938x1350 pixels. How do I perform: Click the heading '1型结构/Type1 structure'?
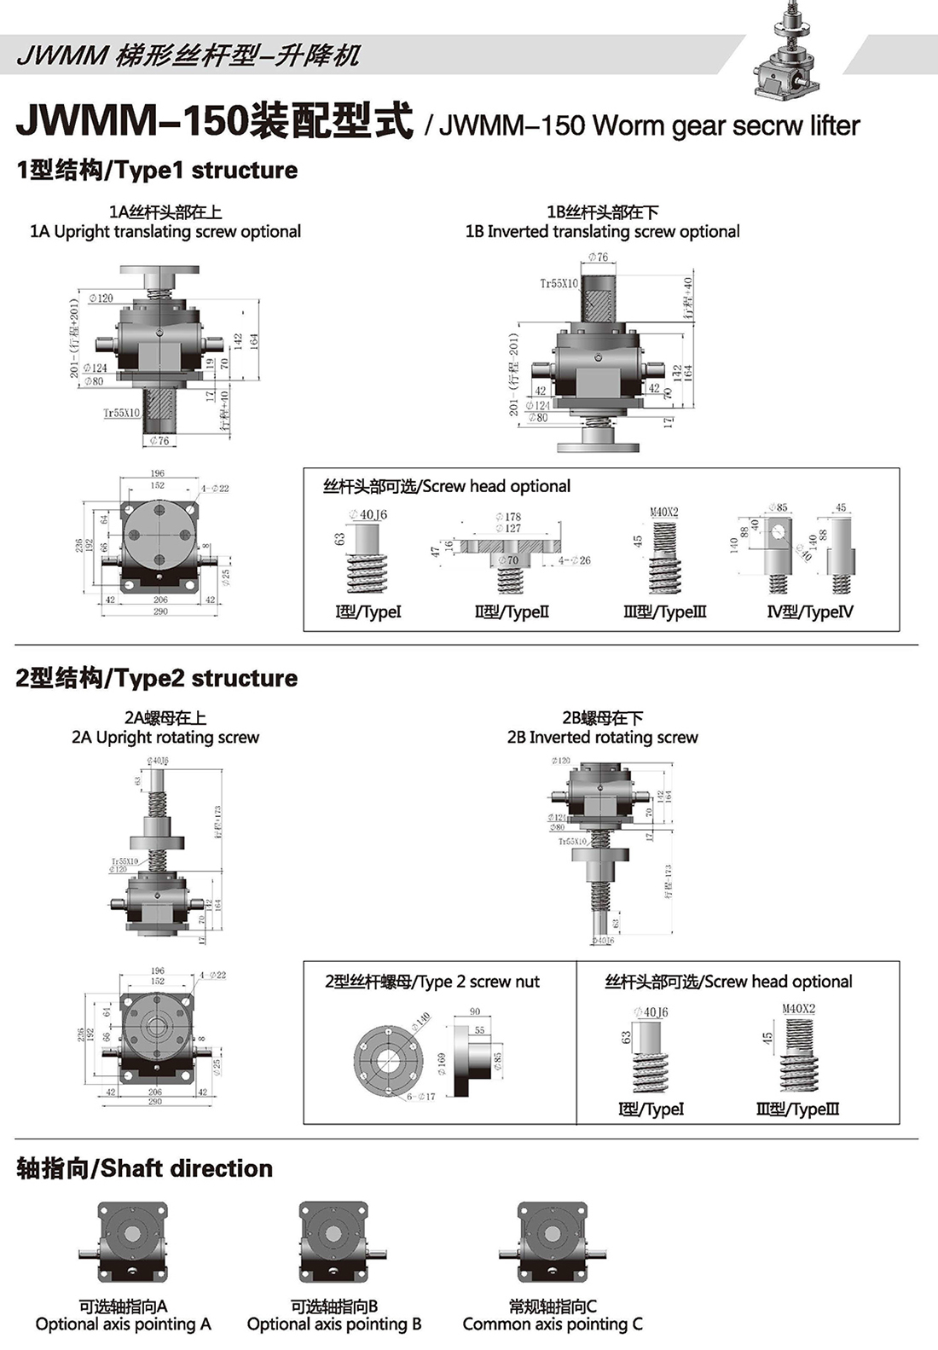pyautogui.click(x=157, y=171)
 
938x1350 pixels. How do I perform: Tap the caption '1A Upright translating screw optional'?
pyautogui.click(x=165, y=232)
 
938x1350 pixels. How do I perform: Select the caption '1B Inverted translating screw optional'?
pyautogui.click(x=602, y=232)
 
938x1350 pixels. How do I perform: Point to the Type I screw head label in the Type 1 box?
pyautogui.click(x=368, y=612)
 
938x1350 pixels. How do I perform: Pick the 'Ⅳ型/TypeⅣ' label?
pyautogui.click(x=809, y=612)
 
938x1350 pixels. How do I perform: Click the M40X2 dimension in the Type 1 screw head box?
pyautogui.click(x=664, y=512)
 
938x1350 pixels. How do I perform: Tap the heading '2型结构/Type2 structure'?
pyautogui.click(x=157, y=679)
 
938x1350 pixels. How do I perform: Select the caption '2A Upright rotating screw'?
pyautogui.click(x=165, y=738)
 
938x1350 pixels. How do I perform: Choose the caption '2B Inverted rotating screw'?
pyautogui.click(x=602, y=738)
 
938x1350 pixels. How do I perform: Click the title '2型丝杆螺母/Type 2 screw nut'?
pyautogui.click(x=431, y=982)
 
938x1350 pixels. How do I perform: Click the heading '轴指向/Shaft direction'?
pyautogui.click(x=145, y=1169)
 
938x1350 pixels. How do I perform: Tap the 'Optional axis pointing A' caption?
pyautogui.click(x=123, y=1324)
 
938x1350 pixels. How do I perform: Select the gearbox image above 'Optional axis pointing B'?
pyautogui.click(x=333, y=1242)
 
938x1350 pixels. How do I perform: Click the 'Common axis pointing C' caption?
pyautogui.click(x=553, y=1324)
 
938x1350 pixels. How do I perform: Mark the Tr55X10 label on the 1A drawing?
pyautogui.click(x=121, y=413)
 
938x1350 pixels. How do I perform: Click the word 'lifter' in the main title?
pyautogui.click(x=834, y=126)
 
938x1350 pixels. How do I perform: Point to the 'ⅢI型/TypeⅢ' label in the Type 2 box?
pyautogui.click(x=797, y=1110)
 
